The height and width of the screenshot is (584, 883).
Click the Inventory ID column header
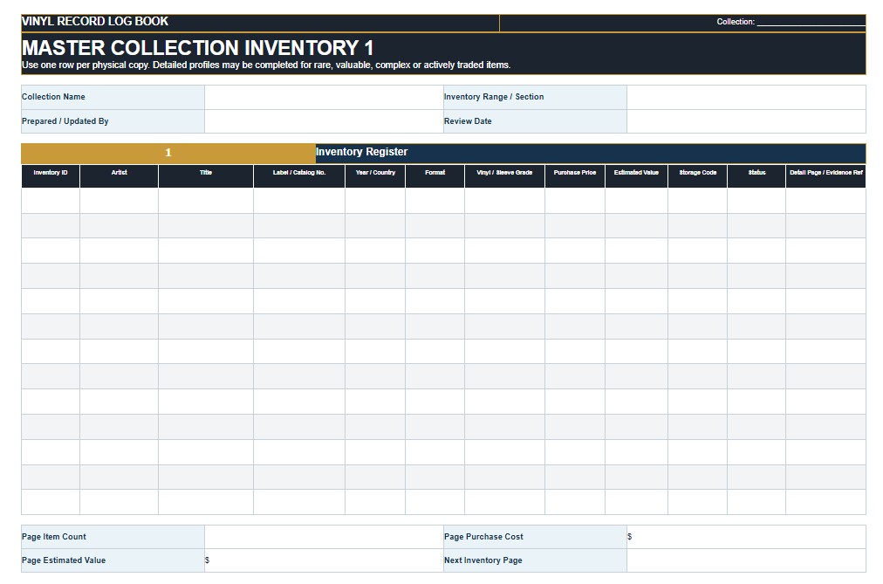(50, 172)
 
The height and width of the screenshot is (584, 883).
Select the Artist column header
(119, 172)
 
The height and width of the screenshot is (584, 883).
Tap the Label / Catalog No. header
(299, 172)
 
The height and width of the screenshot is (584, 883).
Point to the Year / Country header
(375, 172)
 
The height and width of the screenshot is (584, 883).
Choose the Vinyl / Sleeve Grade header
(504, 172)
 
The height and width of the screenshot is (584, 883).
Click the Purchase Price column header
(574, 172)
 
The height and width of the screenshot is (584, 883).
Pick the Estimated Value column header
(636, 172)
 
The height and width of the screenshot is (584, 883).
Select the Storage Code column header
(697, 172)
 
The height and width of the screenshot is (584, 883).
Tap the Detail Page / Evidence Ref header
(825, 172)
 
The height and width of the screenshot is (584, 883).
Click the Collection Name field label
(53, 97)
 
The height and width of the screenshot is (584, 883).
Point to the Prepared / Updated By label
(65, 121)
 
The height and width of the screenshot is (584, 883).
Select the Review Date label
(468, 121)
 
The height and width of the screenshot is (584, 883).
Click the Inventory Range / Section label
(493, 97)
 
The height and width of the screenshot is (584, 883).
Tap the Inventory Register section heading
(361, 152)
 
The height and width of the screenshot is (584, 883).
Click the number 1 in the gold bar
(168, 153)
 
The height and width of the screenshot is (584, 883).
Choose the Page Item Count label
(53, 537)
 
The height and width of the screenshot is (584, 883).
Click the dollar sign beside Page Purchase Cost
(630, 537)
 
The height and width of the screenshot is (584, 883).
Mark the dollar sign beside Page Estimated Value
(208, 560)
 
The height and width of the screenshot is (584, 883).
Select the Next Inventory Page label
(483, 560)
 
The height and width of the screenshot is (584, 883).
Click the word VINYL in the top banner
(38, 22)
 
